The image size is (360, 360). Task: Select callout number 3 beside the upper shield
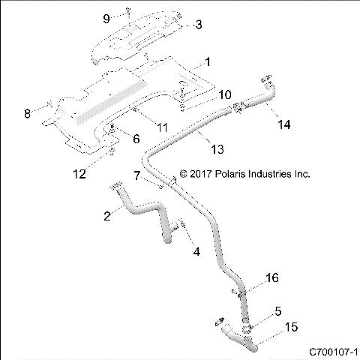click(x=197, y=25)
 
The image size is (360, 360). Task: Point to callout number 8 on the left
click(x=28, y=113)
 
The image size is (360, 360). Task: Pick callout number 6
click(x=136, y=139)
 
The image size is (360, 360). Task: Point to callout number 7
click(x=136, y=175)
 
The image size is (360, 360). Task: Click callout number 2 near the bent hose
click(x=108, y=215)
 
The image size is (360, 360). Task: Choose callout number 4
click(x=197, y=252)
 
